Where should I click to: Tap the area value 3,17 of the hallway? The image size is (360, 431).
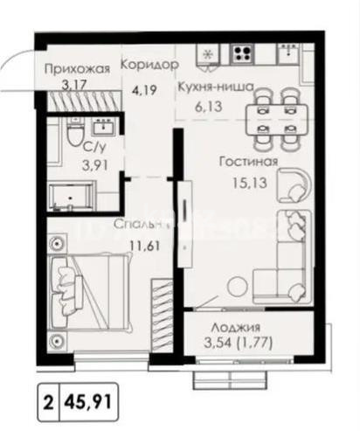point(59,86)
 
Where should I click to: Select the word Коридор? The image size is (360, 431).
point(149,66)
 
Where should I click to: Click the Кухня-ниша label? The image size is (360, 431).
point(214,87)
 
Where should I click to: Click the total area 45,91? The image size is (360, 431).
point(87,404)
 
